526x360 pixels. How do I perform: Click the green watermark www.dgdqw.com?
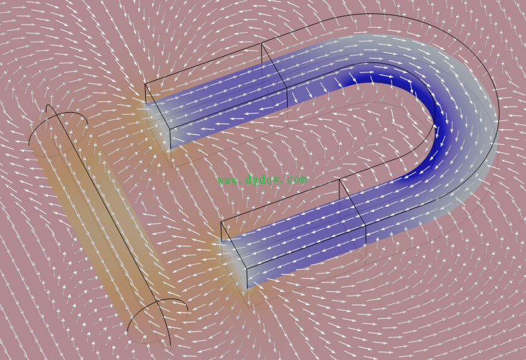pos(262,180)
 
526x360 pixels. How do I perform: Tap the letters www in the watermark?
pos(228,181)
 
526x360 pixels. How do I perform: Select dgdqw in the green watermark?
pos(263,180)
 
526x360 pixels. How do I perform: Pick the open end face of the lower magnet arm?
pos(234,255)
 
